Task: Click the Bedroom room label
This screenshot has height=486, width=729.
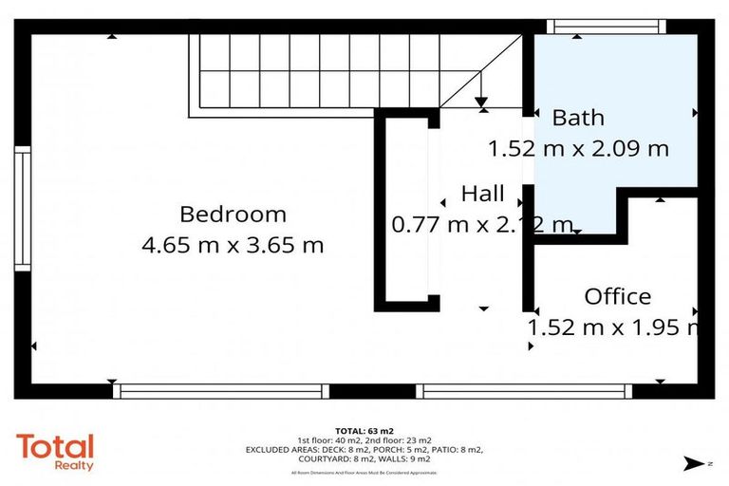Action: (233, 215)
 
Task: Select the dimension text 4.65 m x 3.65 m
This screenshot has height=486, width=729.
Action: (233, 246)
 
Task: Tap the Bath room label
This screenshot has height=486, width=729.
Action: (578, 118)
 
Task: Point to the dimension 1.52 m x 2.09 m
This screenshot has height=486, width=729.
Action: (578, 149)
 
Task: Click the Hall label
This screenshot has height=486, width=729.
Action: (482, 194)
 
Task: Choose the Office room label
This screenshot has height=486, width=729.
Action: (617, 296)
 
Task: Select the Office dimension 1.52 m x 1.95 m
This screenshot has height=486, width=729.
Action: (615, 327)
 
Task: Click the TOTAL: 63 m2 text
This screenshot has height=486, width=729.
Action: (364, 430)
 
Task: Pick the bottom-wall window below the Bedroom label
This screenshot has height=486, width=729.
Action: (220, 390)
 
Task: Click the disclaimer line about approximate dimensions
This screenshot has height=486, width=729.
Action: (364, 472)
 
